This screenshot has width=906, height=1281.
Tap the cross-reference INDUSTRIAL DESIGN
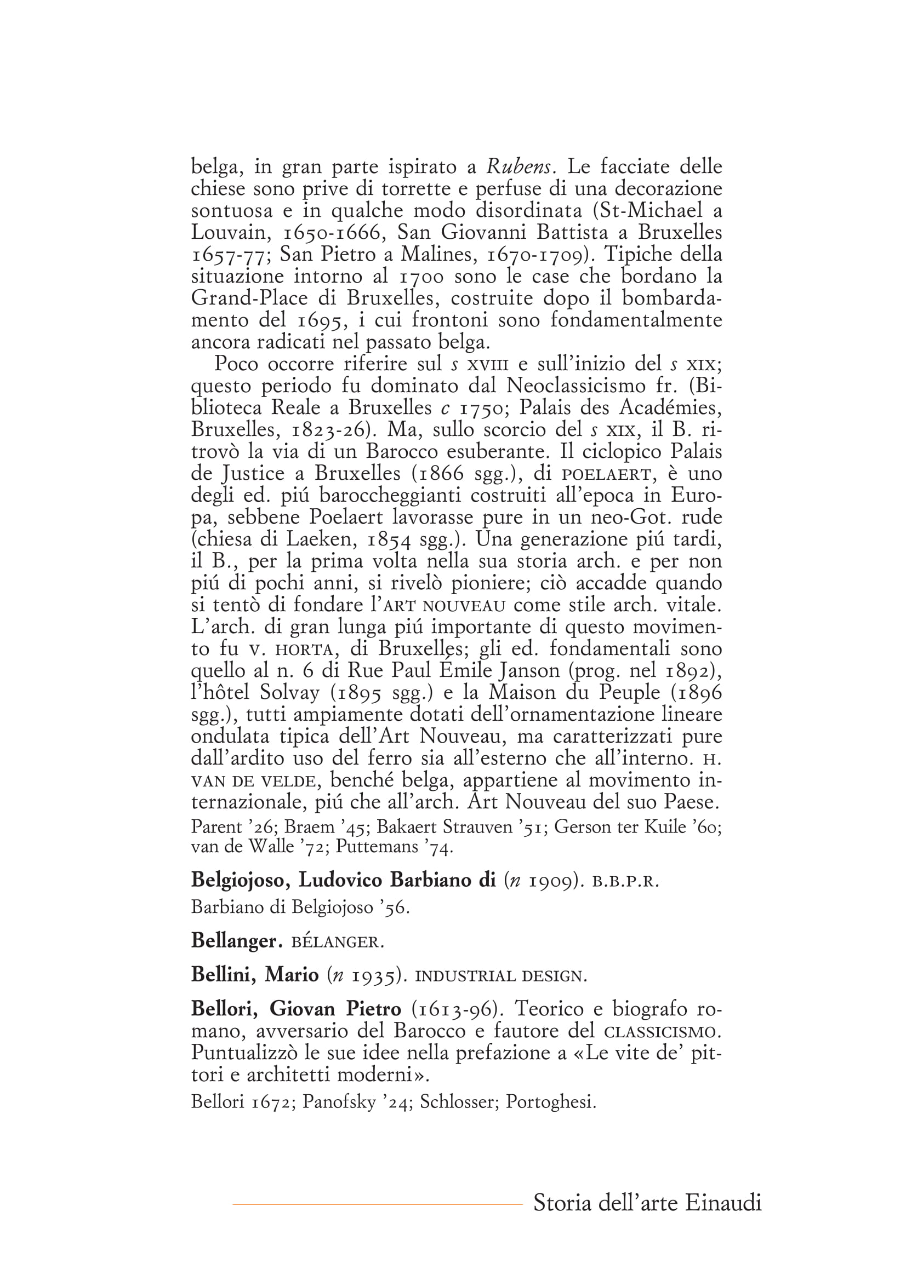(x=501, y=976)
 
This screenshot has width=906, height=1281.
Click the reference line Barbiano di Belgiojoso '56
(x=300, y=907)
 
